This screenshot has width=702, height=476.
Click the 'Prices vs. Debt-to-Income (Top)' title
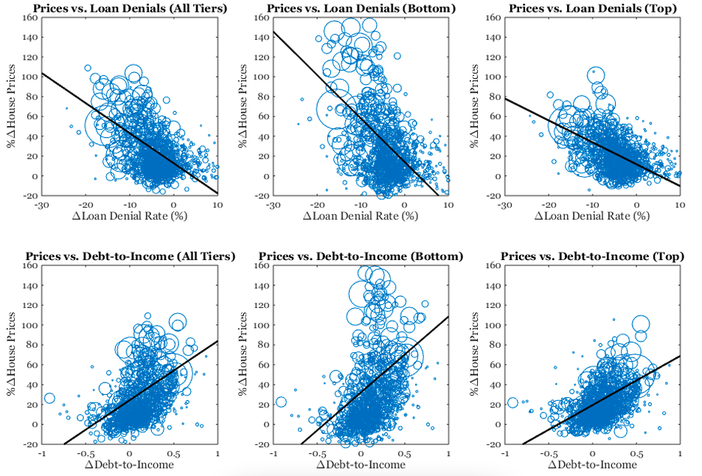pos(592,256)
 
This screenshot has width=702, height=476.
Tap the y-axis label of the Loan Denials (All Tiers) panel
pos(13,106)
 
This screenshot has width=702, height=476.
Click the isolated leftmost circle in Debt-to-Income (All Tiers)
pos(49,399)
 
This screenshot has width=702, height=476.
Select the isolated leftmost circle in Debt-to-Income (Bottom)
pos(281,402)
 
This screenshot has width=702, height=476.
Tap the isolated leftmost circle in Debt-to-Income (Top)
pos(512,402)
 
